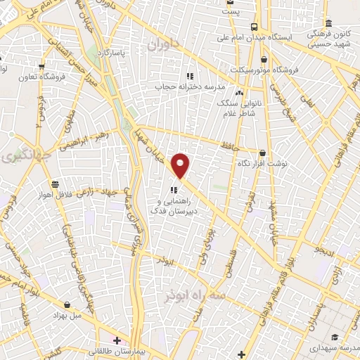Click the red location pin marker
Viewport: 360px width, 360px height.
tap(181, 165)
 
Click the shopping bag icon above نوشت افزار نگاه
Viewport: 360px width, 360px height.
tap(262, 153)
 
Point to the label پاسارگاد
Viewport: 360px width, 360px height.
tap(110, 53)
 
